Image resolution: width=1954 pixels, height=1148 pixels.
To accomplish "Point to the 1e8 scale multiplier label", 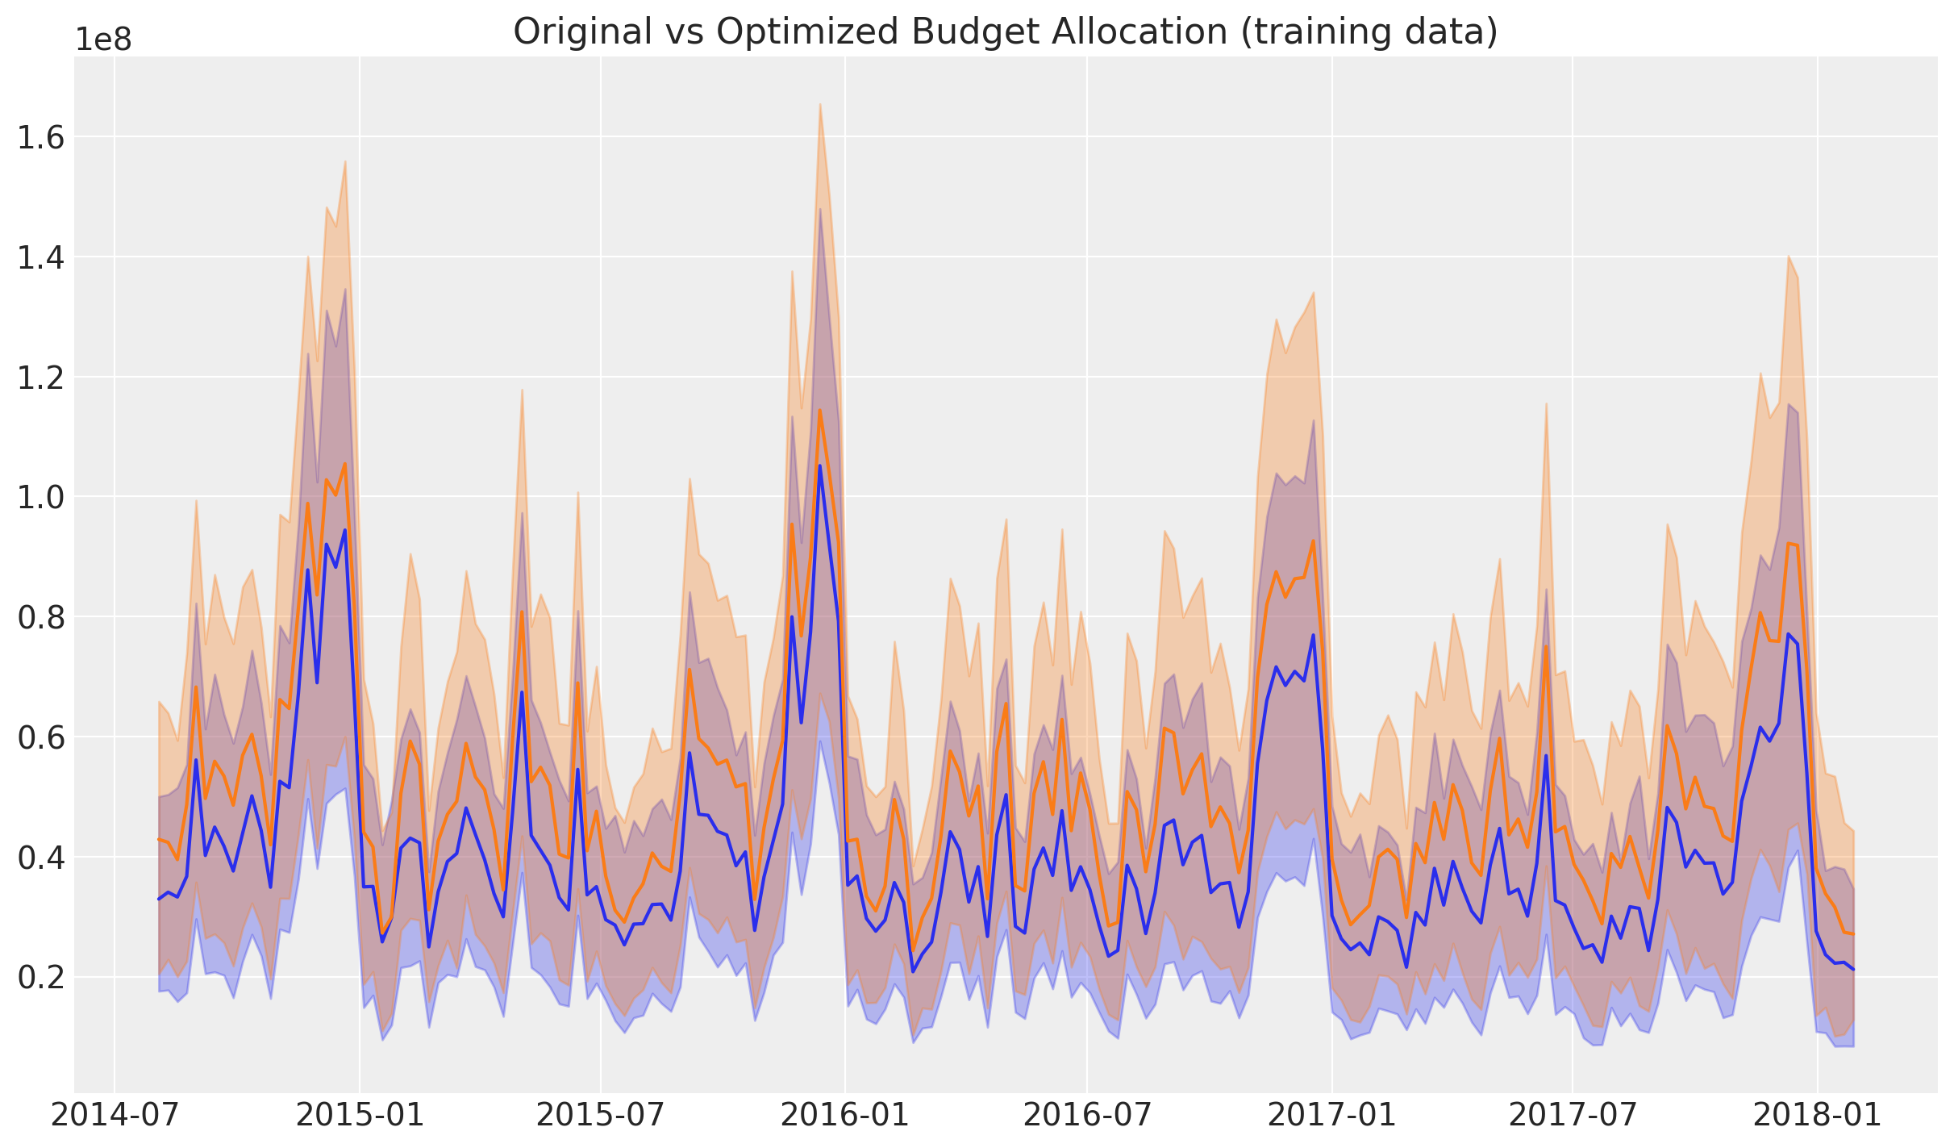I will [x=103, y=40].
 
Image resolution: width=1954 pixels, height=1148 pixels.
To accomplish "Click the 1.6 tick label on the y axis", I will [x=41, y=138].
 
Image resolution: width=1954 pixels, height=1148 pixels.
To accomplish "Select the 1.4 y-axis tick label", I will [x=41, y=257].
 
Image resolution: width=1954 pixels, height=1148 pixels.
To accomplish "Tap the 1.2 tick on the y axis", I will [x=41, y=378].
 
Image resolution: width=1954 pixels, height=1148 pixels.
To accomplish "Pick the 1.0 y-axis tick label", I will [x=41, y=497].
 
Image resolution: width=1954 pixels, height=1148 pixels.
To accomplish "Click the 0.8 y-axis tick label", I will [x=41, y=617].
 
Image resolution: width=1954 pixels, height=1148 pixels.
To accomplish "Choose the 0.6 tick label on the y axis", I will [x=41, y=737].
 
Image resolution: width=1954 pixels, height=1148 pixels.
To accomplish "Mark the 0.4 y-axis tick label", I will [x=41, y=857].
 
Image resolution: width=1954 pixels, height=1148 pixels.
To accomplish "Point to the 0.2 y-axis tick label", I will [x=41, y=977].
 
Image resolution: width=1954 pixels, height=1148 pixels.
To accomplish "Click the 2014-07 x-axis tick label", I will [x=115, y=1116].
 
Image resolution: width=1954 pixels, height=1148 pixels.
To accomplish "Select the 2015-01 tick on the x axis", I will [x=360, y=1116].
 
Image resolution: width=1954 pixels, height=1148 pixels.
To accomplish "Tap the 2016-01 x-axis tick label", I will [x=844, y=1116].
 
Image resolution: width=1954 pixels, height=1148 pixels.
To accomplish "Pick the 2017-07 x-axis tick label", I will [x=1573, y=1116].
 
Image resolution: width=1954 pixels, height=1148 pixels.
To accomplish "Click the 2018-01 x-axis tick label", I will [x=1818, y=1116].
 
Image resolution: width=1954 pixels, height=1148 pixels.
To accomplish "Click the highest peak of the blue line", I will [x=819, y=465].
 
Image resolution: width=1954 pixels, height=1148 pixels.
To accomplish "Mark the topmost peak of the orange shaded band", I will [x=819, y=104].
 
